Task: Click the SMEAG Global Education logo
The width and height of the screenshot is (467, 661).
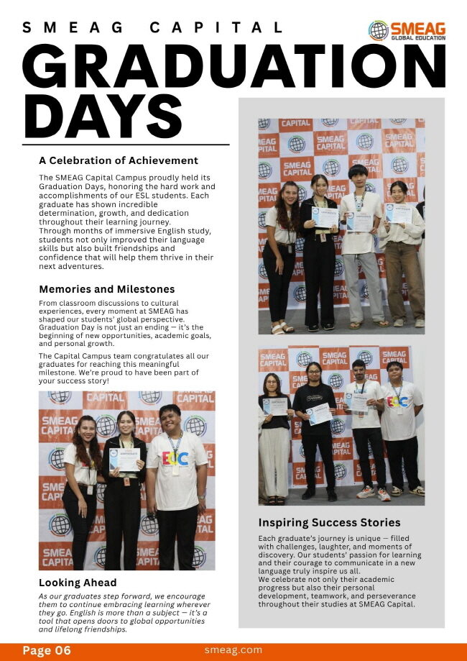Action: pos(407,30)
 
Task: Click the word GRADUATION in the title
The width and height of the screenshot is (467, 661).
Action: pos(233,65)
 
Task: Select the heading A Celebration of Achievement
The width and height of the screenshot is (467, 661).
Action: pos(119,160)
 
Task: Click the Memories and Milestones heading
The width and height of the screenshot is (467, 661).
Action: pos(106,289)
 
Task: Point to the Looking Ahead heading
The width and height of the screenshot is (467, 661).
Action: pos(78,582)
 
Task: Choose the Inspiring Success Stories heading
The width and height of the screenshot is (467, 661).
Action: pos(329,522)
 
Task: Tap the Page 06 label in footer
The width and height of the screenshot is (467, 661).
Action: pos(47,650)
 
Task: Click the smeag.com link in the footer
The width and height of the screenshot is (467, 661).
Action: pos(233,649)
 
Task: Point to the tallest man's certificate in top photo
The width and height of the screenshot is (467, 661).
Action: pos(359,222)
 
